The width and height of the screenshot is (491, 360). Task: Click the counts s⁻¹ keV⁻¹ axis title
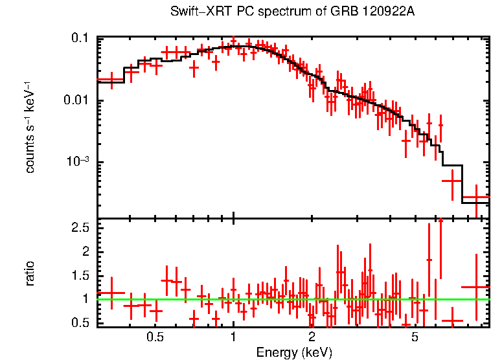30,127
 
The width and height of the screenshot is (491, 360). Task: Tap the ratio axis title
30,273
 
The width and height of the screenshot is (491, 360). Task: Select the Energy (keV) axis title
294,353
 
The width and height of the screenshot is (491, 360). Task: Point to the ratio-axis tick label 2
86,251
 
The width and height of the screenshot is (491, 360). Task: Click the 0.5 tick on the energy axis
155,337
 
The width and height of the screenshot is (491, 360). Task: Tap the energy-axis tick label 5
415,337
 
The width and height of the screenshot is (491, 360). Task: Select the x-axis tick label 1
233,337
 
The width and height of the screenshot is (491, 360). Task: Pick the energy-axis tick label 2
312,337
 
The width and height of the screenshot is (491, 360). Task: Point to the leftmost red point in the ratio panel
112,293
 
